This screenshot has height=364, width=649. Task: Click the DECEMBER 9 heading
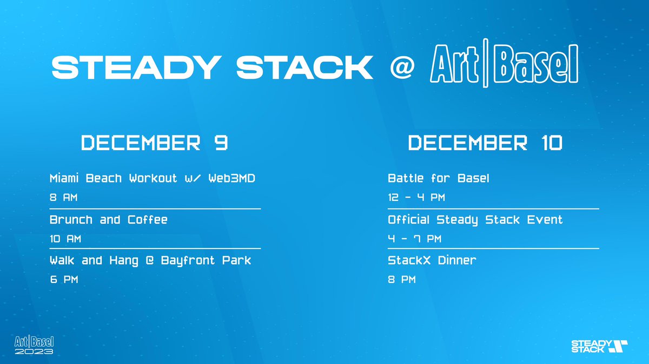click(154, 143)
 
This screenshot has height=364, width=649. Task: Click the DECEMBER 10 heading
click(485, 143)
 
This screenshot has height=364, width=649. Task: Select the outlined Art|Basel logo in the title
click(504, 67)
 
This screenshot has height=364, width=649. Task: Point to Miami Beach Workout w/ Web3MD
click(153, 179)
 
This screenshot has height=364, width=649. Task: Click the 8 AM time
click(63, 198)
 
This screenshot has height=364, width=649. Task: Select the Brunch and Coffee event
click(109, 220)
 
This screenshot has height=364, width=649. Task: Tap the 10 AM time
click(66, 239)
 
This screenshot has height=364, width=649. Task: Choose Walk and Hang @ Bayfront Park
click(150, 260)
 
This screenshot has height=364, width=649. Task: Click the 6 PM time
click(63, 280)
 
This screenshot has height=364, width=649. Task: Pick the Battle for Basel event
click(439, 178)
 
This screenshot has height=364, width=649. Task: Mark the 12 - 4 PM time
click(416, 198)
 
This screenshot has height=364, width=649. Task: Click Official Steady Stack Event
click(475, 220)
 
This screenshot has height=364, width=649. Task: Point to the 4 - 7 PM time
click(414, 239)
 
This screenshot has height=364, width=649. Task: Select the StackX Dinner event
click(432, 260)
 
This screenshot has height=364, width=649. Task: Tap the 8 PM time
click(402, 280)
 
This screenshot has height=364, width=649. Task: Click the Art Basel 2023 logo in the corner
click(34, 345)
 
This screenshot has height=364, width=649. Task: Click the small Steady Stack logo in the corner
click(599, 346)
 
